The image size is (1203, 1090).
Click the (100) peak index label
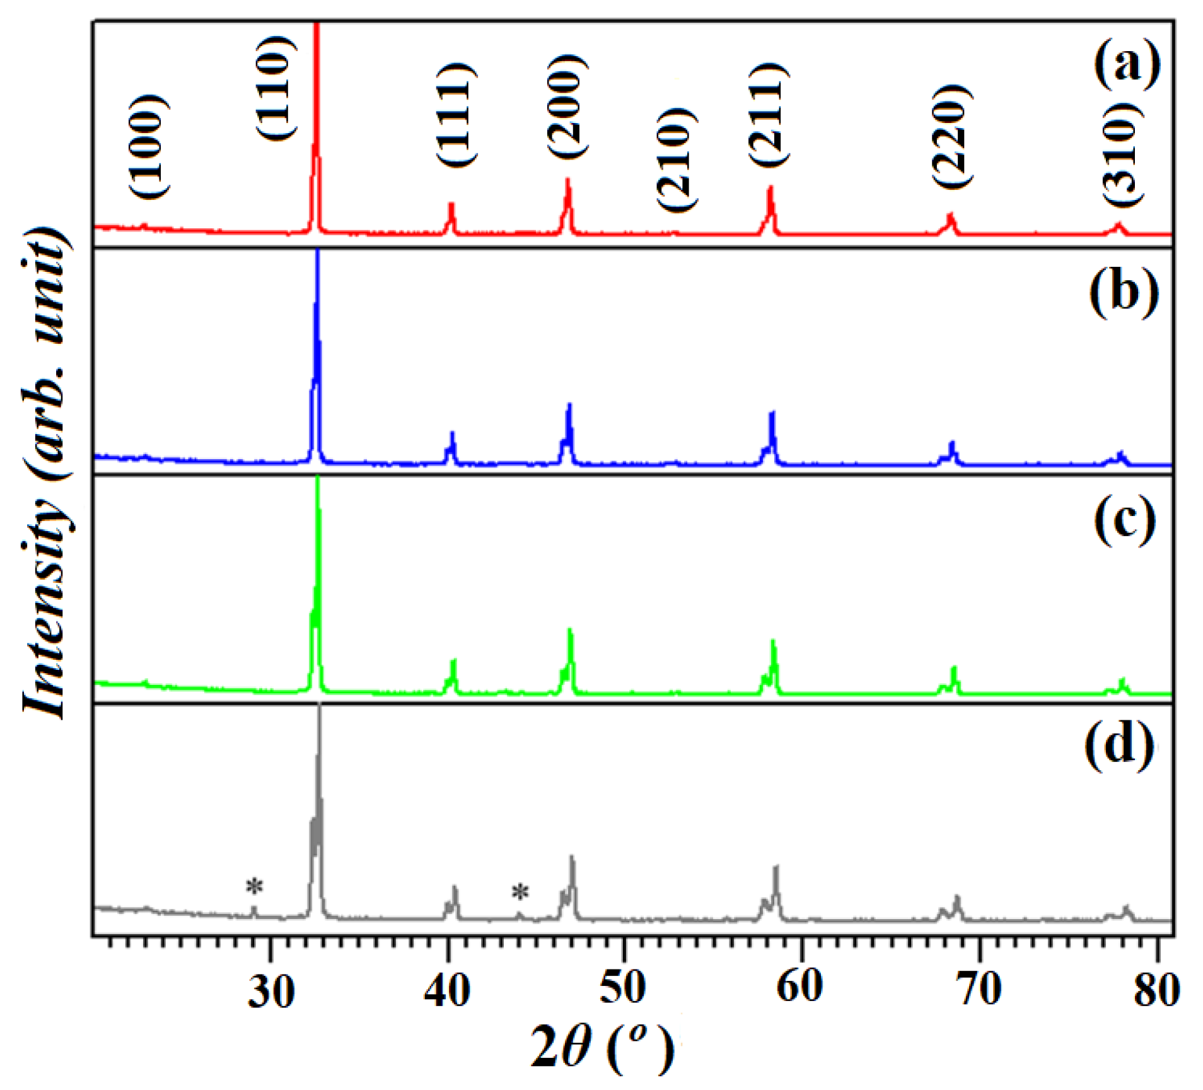150,146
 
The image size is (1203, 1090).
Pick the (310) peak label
1122,153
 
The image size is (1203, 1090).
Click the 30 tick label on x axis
270,991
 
